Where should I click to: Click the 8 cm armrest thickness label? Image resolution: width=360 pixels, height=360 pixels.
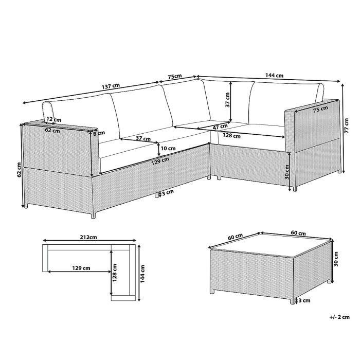[95, 133]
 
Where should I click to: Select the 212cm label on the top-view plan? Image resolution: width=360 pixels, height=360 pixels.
[89, 238]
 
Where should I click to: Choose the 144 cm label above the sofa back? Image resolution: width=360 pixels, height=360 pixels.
[274, 76]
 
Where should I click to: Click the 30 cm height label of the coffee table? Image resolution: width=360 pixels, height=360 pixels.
[335, 258]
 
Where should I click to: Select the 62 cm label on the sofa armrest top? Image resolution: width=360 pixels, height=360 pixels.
[52, 131]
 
